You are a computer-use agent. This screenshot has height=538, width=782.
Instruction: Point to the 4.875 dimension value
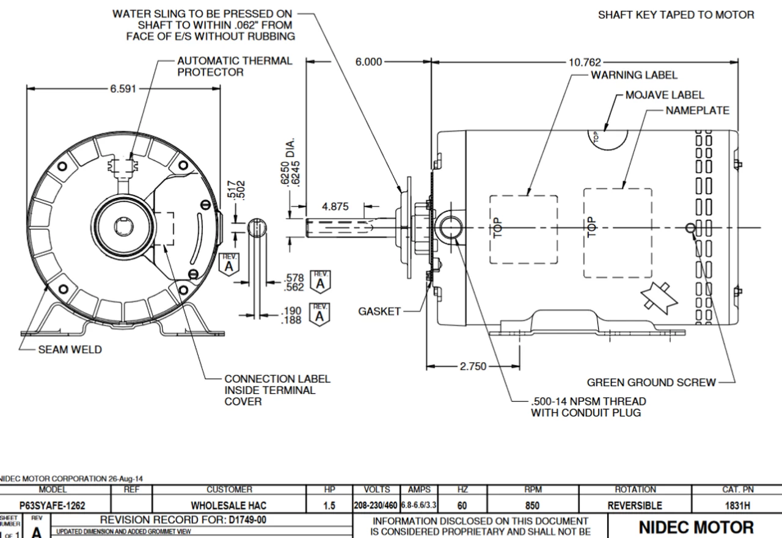(335, 206)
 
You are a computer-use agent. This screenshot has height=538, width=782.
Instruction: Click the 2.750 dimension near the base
(473, 366)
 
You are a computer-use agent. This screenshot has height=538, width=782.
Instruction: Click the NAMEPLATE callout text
(697, 111)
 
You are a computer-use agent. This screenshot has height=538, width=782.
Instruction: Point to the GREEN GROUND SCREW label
(651, 382)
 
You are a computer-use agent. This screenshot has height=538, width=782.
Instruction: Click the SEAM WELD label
(70, 350)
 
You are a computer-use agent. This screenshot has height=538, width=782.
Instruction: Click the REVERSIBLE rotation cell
(634, 506)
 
